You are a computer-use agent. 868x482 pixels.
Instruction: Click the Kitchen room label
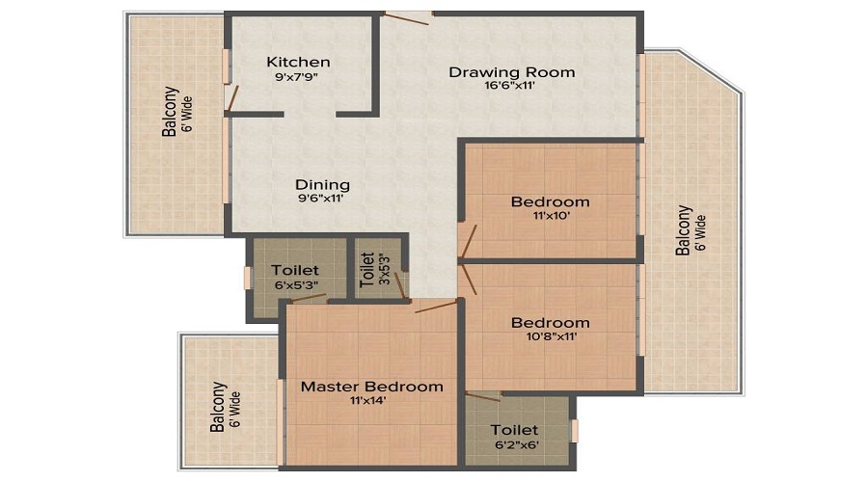[298, 62]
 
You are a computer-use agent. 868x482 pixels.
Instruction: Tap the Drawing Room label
[512, 71]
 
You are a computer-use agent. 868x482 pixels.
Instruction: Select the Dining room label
[322, 184]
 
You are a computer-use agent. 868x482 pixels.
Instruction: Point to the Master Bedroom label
[372, 386]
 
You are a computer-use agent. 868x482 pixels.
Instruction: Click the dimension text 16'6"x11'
[511, 86]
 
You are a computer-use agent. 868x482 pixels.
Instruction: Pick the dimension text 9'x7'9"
[298, 77]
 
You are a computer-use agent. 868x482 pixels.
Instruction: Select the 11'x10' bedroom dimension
[550, 217]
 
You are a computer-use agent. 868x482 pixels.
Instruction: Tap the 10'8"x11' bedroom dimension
[550, 337]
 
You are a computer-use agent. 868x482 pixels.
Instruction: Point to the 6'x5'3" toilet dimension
[294, 285]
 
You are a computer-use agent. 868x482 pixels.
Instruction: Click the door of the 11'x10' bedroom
[469, 240]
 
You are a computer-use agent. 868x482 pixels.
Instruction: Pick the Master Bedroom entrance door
[435, 307]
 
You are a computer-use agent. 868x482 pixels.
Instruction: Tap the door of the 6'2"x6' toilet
[482, 395]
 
